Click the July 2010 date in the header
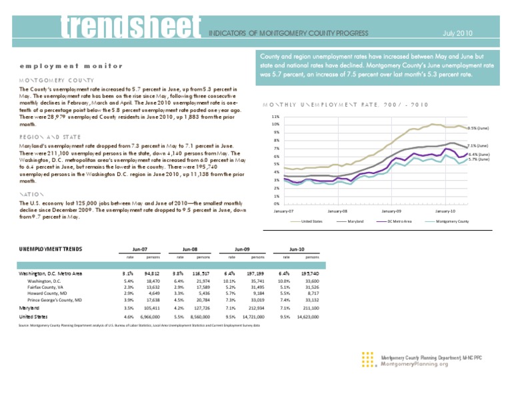457,32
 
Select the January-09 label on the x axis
391,211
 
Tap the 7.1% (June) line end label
478,145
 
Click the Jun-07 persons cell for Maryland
150,309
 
